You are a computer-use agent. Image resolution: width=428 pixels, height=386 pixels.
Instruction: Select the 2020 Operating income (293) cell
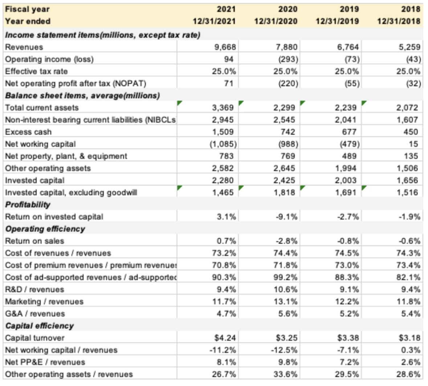pyautogui.click(x=288, y=59)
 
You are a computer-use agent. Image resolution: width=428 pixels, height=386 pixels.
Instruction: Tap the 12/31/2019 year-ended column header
pyautogui.click(x=337, y=21)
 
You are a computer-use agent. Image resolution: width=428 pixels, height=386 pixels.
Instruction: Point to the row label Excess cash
pyautogui.click(x=28, y=132)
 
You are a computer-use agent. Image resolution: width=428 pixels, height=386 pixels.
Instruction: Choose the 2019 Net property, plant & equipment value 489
pyautogui.click(x=350, y=156)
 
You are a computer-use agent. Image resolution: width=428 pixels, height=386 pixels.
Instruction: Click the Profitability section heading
pyautogui.click(x=28, y=204)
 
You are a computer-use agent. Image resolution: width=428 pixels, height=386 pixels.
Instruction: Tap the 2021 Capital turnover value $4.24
pyautogui.click(x=225, y=338)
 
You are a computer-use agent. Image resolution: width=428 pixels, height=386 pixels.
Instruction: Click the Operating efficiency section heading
pyautogui.click(x=45, y=229)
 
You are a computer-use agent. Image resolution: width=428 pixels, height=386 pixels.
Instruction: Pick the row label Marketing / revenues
pyautogui.click(x=44, y=301)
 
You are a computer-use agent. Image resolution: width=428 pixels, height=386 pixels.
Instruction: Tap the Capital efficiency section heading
pyautogui.click(x=39, y=326)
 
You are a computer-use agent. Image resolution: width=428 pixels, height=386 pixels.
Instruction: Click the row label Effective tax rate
pyautogui.click(x=36, y=71)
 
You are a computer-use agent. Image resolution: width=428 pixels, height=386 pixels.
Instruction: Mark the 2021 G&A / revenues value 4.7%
pyautogui.click(x=227, y=314)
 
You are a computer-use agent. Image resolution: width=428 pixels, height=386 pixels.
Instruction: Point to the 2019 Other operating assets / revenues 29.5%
pyautogui.click(x=349, y=374)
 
